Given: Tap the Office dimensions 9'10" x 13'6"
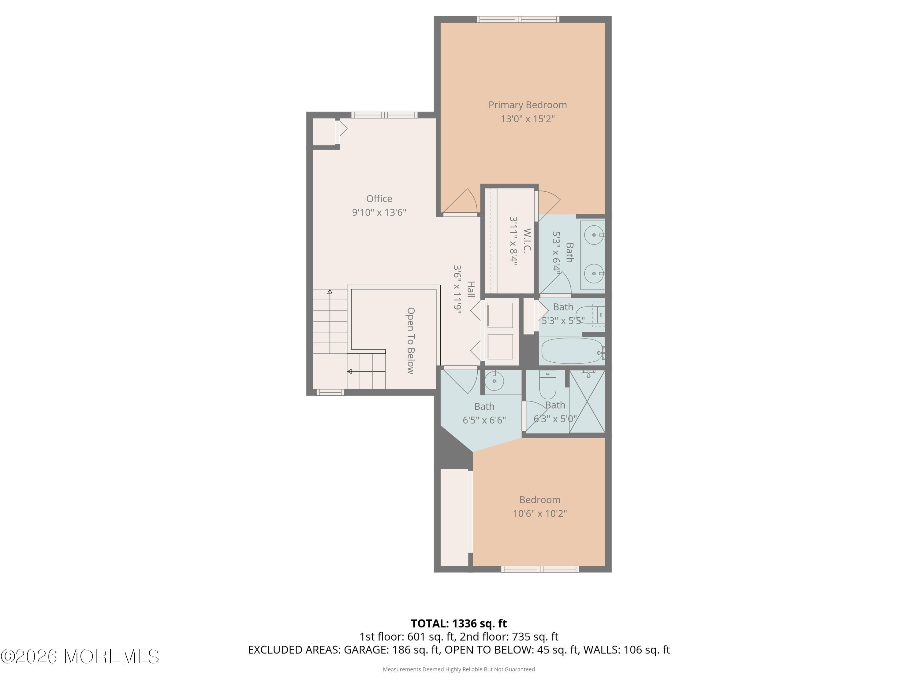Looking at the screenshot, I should point(379,212).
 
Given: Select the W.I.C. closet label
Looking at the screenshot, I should point(527,241).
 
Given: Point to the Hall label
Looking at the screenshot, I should point(471,289).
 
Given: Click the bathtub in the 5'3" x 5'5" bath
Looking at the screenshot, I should point(571,351).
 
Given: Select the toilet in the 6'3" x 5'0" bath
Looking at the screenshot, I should point(547,386).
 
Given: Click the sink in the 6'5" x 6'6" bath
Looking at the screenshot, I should point(494,381).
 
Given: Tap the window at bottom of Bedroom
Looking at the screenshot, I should point(539,569).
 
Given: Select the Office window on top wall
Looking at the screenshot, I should point(384,115).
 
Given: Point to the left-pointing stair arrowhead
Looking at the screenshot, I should point(349,372).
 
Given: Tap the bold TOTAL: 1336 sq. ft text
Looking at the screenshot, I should point(459,623).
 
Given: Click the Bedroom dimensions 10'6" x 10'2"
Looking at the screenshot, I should point(539,513).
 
